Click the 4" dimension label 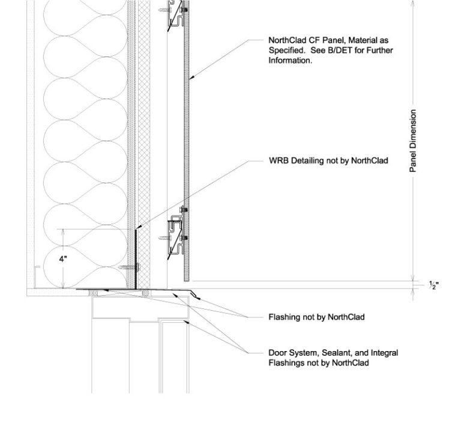(x=62, y=259)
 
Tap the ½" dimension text (x=433, y=284)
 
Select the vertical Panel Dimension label (x=413, y=141)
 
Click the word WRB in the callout (x=278, y=160)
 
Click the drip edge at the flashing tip (x=193, y=294)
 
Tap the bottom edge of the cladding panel (x=187, y=280)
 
